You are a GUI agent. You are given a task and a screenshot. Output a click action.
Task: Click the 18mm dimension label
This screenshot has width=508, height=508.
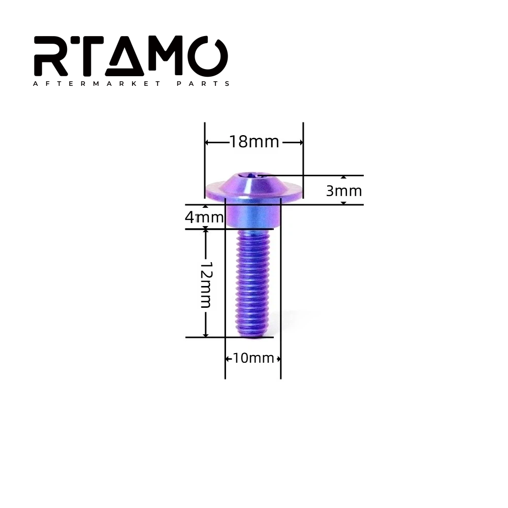point(254,142)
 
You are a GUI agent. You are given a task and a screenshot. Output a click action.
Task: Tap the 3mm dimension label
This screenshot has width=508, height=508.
point(344,191)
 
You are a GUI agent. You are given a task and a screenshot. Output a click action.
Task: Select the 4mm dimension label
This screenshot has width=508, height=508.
point(204,218)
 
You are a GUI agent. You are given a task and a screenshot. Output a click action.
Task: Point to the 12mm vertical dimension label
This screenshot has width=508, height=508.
point(206,285)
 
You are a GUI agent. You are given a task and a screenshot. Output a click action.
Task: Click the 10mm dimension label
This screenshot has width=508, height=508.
point(253,358)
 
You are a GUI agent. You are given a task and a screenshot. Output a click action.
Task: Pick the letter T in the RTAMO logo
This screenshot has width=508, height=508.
point(85,56)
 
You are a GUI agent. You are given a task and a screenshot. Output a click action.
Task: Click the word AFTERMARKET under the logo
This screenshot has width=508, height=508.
point(97,84)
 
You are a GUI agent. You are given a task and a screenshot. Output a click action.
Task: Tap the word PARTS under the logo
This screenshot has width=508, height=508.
point(203,84)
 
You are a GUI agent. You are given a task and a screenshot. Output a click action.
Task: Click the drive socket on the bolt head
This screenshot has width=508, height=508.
point(252,176)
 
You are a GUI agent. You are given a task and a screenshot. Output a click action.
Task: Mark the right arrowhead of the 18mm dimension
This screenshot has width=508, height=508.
point(300,142)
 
